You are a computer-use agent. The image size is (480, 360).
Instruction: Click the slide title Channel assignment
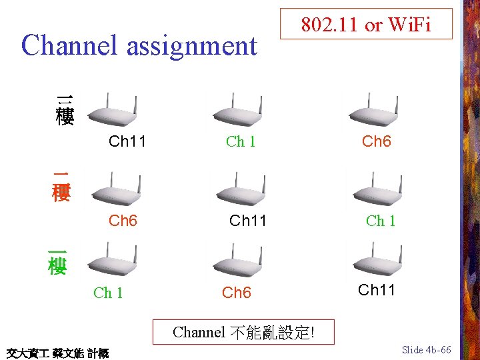139,45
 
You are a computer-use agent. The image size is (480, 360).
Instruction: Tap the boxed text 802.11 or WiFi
366,25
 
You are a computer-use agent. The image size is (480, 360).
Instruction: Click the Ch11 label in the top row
127,141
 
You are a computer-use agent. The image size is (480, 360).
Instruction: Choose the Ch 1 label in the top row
241,141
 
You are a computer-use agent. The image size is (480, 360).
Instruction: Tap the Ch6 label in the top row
376,141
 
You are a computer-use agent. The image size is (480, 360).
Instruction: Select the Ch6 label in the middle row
123,221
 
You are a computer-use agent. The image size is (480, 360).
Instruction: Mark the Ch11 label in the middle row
248,221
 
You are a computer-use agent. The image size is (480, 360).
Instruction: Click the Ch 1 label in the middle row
381,221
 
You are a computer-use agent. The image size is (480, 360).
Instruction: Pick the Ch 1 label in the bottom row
108,293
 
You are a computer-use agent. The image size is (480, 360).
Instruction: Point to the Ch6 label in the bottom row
236,293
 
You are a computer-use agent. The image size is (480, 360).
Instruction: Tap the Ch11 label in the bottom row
377,290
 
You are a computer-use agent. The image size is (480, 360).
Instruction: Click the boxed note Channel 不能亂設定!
243,331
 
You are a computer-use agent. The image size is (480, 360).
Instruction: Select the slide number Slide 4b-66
427,350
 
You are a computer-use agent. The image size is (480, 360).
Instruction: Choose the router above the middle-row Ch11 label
241,189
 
